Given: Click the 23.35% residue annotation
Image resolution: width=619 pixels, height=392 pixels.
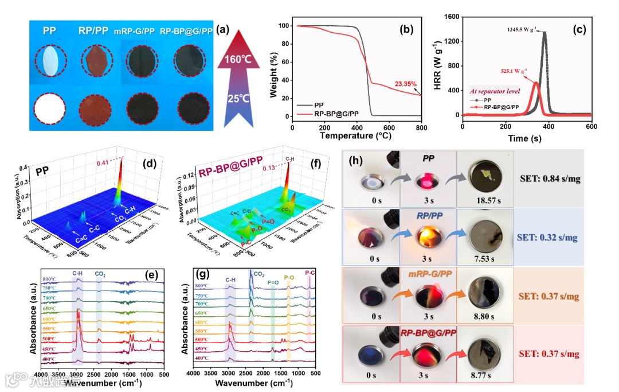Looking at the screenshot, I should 407,84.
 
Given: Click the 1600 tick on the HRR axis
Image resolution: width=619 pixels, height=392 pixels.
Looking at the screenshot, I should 450,18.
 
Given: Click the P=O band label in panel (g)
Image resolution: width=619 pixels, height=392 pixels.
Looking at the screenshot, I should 273,282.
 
